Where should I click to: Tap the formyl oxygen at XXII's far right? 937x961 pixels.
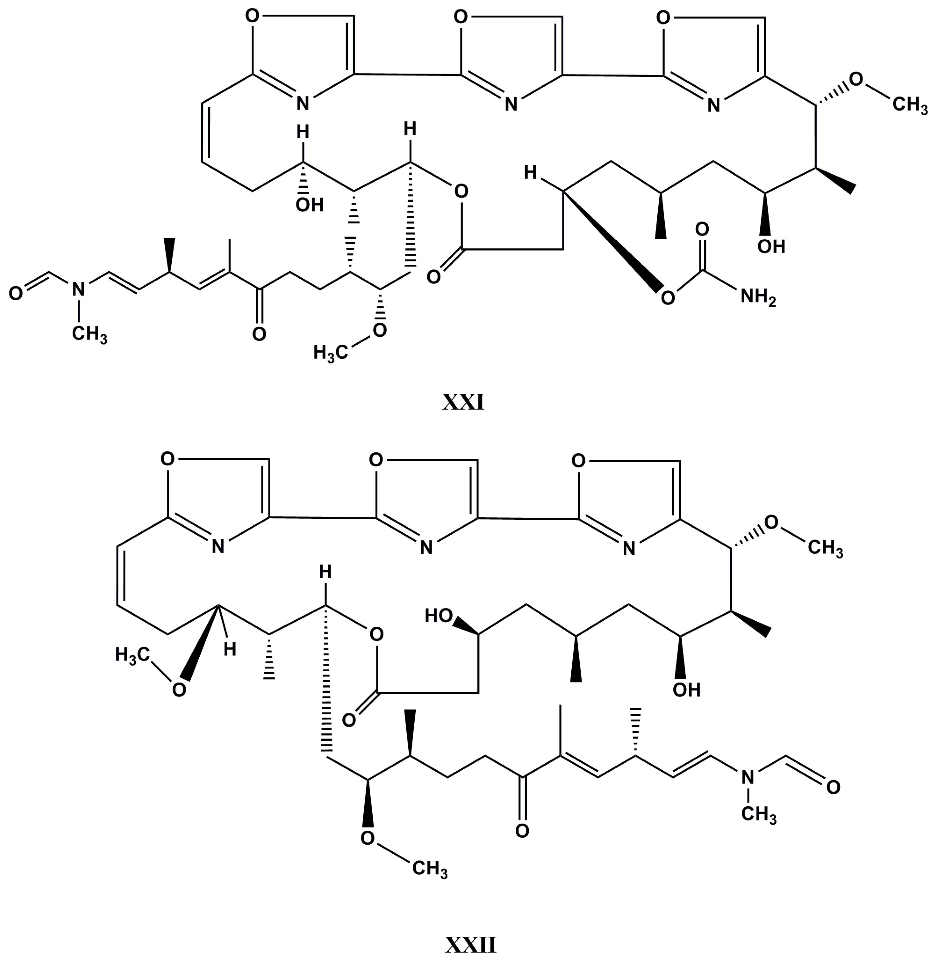833,787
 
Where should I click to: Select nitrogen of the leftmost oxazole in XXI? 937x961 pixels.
303,103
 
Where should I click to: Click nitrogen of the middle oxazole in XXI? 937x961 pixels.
511,104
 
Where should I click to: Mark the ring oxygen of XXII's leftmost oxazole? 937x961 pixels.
167,460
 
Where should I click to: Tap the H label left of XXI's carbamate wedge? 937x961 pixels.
530,173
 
